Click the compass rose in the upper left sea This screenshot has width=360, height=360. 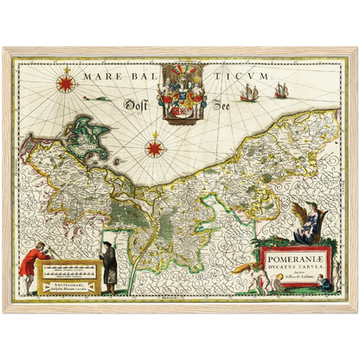(67, 84)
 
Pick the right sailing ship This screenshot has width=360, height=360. (281, 90)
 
